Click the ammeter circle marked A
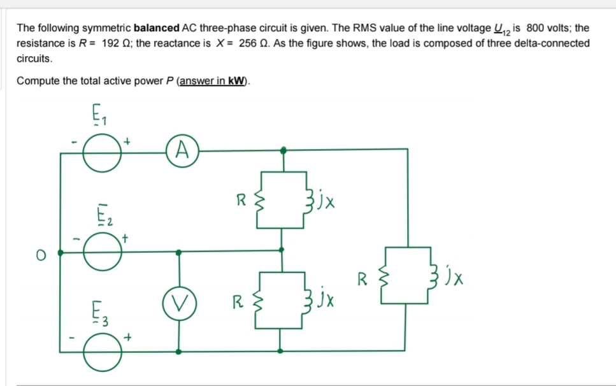(x=182, y=151)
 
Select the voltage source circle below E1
(x=102, y=153)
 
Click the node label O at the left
(x=39, y=255)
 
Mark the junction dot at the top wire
(x=283, y=150)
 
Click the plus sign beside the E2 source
(x=125, y=238)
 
